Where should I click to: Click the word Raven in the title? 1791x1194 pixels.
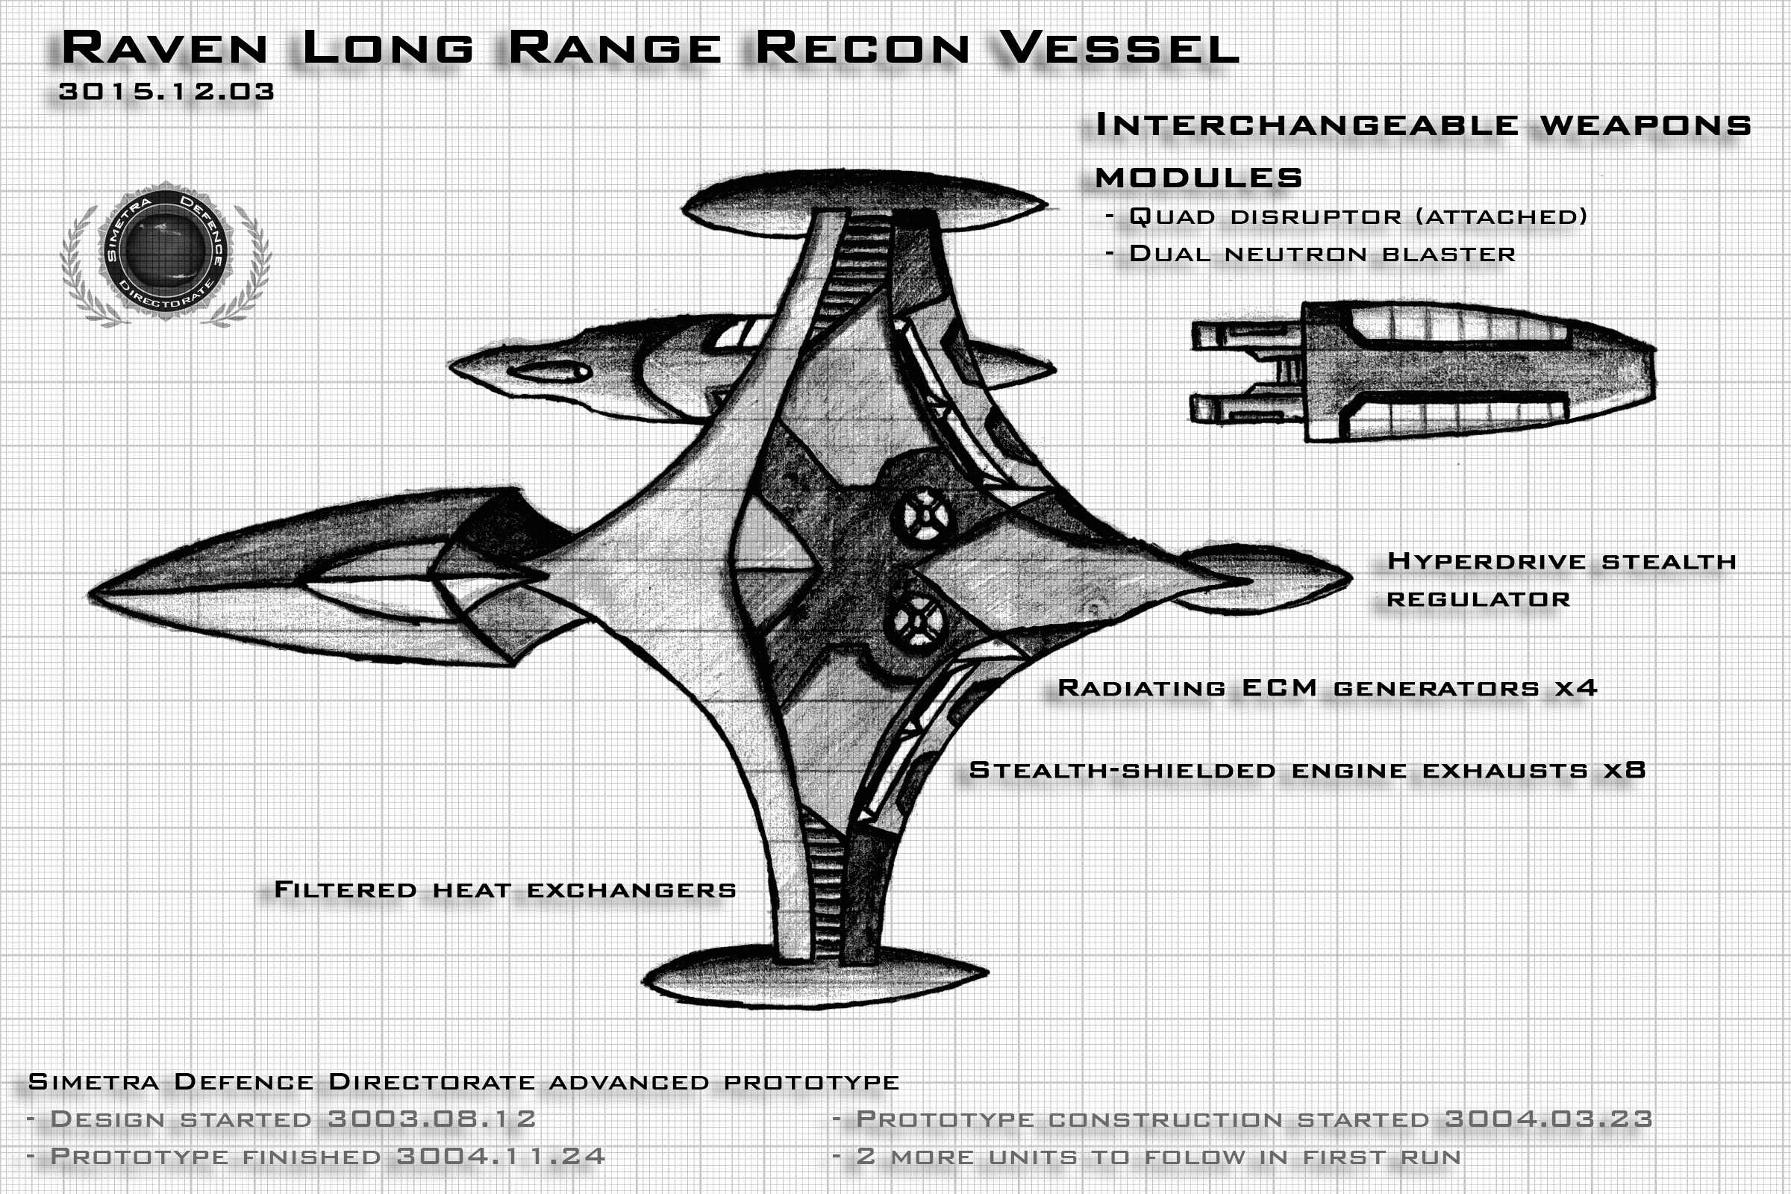(164, 47)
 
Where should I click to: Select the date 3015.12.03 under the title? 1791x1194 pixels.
(166, 91)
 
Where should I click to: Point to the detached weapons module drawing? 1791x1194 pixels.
(1422, 371)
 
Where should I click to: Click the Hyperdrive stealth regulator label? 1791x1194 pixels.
(1561, 581)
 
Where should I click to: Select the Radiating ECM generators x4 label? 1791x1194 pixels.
(1328, 688)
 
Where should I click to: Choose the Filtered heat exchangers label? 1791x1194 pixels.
(505, 890)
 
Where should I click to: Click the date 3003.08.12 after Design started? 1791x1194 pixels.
(433, 1119)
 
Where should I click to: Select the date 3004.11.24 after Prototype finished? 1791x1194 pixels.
(501, 1156)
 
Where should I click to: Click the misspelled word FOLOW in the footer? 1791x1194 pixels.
(1194, 1157)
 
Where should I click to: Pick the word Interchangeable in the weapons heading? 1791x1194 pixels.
(1307, 125)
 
